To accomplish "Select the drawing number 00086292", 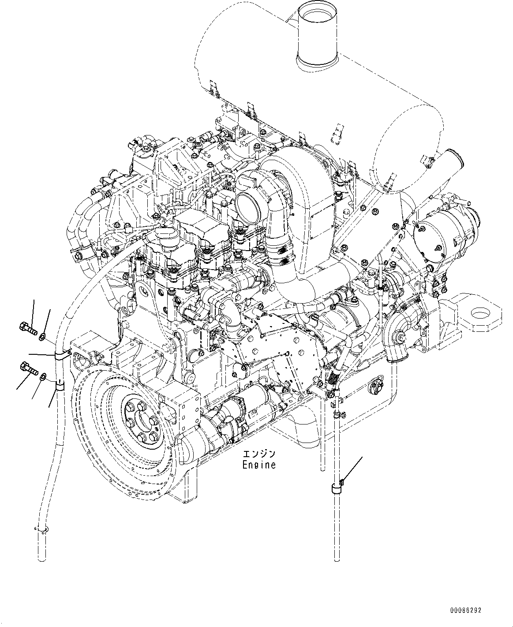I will click(x=465, y=611).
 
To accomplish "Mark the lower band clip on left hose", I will click(x=59, y=387).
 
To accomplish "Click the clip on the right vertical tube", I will click(x=337, y=488).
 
